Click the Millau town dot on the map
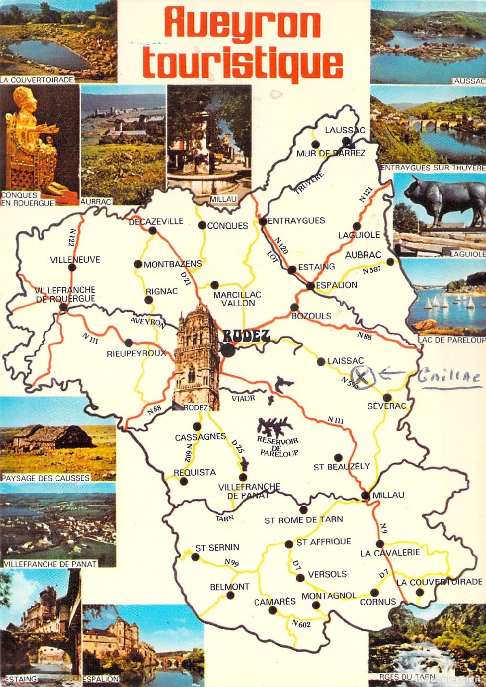coord(365,495)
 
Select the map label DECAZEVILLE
coord(156,222)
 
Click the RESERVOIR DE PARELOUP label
coord(277,446)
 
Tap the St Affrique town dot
coord(288,544)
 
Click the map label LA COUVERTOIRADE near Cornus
coord(439,582)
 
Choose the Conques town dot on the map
coord(202,226)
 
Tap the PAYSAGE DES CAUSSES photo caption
coord(45,478)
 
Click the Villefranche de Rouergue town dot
coord(63,307)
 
